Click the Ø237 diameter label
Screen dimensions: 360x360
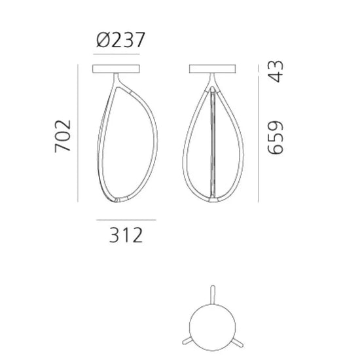click(120, 40)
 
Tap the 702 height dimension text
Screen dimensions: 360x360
click(63, 136)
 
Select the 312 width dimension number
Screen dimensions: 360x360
click(126, 235)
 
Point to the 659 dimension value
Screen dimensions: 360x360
click(276, 137)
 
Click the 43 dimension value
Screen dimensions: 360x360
click(276, 71)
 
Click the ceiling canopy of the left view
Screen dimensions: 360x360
click(116, 69)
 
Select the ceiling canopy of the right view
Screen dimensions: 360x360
click(212, 69)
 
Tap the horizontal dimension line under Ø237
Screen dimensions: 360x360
click(116, 54)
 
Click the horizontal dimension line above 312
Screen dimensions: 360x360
click(126, 220)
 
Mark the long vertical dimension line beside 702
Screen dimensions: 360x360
click(78, 133)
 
